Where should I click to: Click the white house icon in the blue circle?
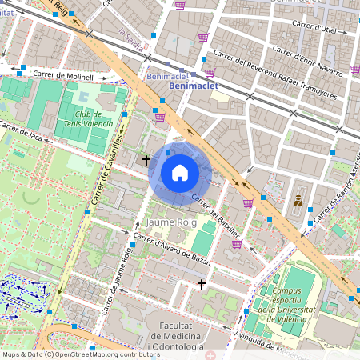(180, 173)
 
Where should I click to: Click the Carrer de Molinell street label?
(63, 76)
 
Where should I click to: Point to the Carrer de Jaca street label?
(20, 131)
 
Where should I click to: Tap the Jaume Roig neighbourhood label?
(171, 220)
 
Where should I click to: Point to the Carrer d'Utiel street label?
(315, 28)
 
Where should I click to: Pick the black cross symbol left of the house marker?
(146, 160)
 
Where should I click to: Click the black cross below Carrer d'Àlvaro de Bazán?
(202, 284)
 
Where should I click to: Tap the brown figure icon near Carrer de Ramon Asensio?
(298, 200)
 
